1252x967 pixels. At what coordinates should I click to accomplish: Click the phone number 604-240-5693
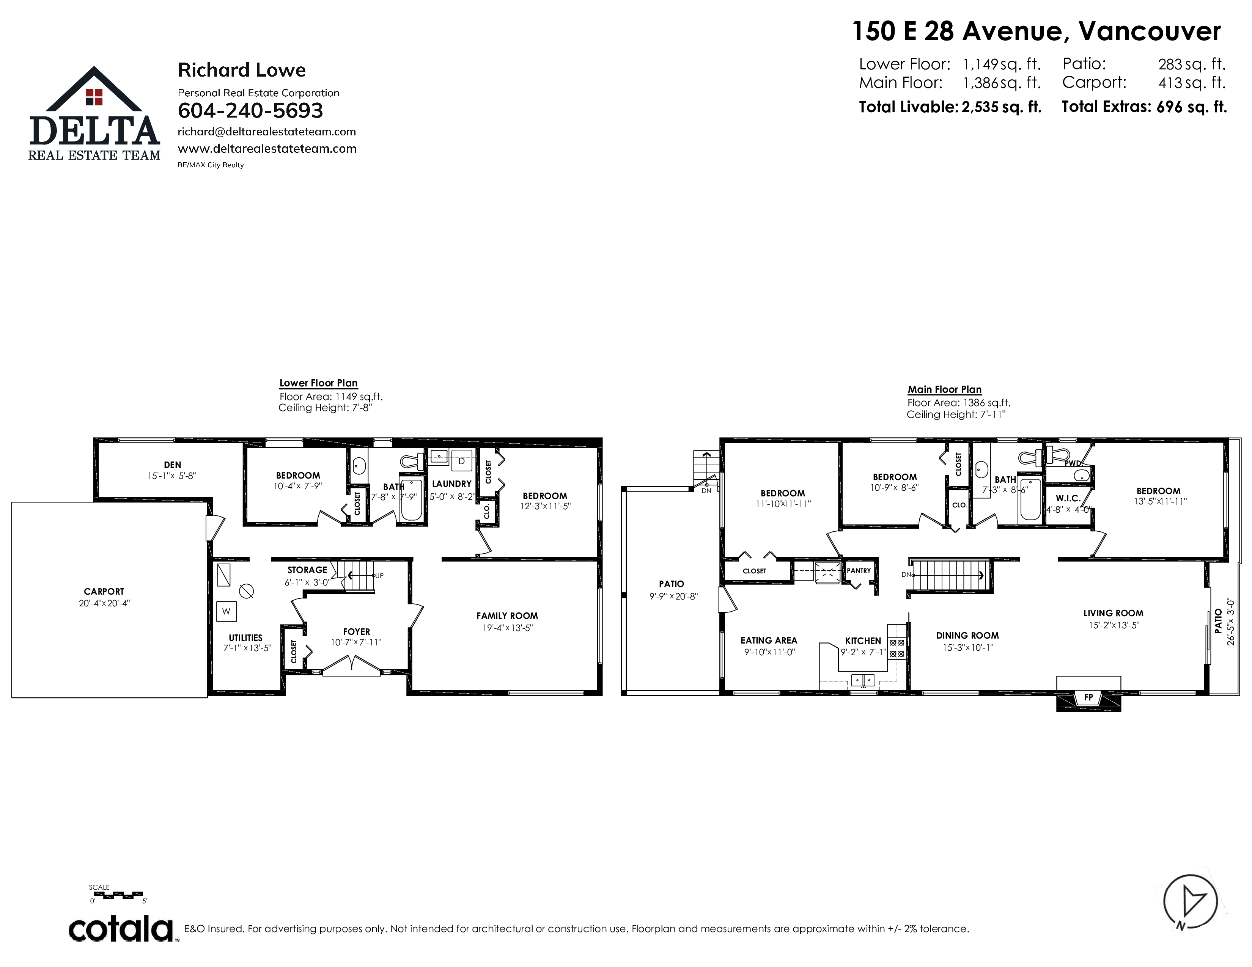click(250, 111)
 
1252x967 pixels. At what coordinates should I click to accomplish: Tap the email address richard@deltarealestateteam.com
click(267, 132)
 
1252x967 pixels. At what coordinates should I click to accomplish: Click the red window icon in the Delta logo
click(94, 97)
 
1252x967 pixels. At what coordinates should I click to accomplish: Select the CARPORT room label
click(104, 591)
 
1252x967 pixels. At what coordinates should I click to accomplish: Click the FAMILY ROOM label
click(507, 616)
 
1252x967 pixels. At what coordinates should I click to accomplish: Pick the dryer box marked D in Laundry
click(461, 461)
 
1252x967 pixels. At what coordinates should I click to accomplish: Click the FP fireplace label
click(1088, 697)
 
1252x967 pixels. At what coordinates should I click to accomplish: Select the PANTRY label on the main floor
click(859, 571)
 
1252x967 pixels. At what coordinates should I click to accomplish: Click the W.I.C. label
click(1068, 498)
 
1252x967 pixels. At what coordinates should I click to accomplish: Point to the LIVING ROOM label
click(1113, 613)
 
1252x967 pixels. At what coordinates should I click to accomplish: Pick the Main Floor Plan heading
click(945, 389)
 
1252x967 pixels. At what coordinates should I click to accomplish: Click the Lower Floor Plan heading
click(319, 383)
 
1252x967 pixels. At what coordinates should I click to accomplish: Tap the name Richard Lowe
click(242, 70)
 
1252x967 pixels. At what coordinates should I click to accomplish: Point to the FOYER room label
click(357, 632)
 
